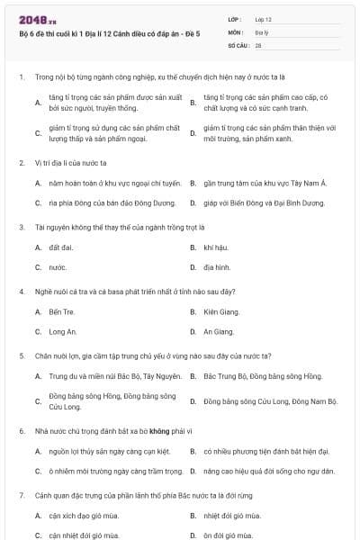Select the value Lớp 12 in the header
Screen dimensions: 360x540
(263, 18)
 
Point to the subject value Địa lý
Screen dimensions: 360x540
(262, 31)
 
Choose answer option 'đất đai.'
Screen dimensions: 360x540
(61, 247)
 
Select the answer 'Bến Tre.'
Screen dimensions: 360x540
(61, 311)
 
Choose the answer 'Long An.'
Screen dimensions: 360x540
(62, 332)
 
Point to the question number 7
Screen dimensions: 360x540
(21, 495)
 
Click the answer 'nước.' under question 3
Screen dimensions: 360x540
(58, 267)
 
